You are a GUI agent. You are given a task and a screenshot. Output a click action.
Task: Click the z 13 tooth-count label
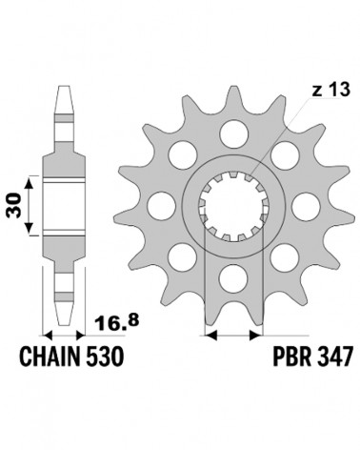coord(330,90)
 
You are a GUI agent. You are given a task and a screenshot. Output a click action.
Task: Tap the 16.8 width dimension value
coord(117,323)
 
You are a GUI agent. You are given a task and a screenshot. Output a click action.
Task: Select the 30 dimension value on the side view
coord(13,205)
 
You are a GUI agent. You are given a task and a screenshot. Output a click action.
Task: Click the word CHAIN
coord(50,357)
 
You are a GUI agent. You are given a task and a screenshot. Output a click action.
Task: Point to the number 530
coord(104,357)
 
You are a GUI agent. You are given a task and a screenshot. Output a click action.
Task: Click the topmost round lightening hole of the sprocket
coord(233,133)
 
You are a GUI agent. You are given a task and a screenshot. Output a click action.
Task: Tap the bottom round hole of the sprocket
coord(233,278)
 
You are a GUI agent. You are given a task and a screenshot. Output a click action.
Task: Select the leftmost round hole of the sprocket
coord(162,205)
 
